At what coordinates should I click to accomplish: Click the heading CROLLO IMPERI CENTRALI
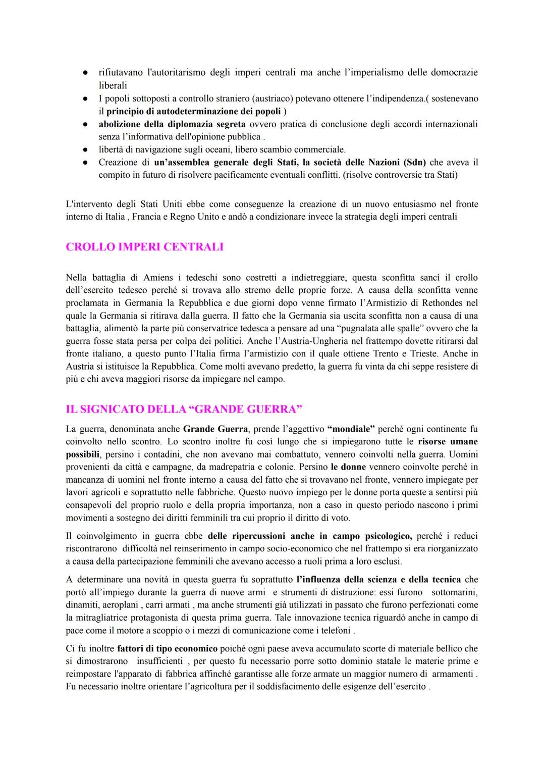[144, 247]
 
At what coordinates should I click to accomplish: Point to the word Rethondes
[433, 303]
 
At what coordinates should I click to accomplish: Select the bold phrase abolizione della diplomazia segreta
[172, 124]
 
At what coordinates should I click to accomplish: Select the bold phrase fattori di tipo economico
[167, 648]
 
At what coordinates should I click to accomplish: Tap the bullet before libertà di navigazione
[86, 149]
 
